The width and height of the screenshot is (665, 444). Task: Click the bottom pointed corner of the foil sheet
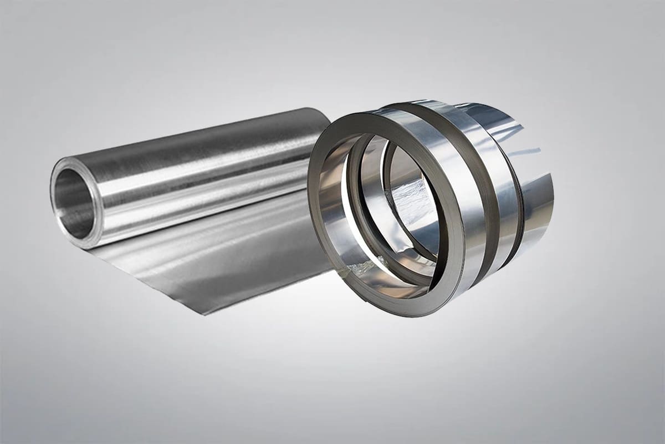[x=206, y=314]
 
